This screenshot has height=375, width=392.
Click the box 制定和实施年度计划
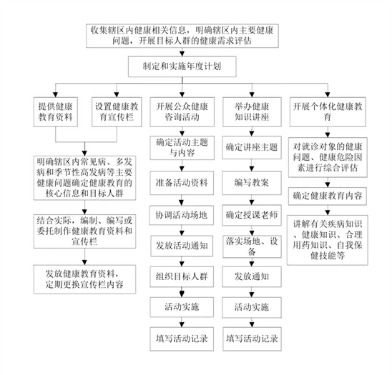[x=182, y=66]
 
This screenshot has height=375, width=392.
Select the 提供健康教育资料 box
[x=56, y=112]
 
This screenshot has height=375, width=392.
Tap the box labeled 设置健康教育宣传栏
[x=117, y=112]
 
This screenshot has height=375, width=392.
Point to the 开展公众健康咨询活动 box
[x=182, y=112]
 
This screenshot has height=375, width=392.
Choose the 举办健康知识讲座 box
[x=252, y=112]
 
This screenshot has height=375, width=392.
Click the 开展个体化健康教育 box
[x=328, y=112]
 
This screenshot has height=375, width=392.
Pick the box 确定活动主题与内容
[x=182, y=148]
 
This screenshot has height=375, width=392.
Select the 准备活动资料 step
[x=182, y=183]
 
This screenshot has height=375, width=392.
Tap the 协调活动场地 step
[x=182, y=215]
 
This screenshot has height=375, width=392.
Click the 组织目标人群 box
[x=182, y=276]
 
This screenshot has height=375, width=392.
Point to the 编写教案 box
[x=252, y=183]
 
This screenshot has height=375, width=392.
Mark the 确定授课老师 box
[x=252, y=215]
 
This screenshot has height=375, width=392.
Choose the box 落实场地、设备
[x=252, y=246]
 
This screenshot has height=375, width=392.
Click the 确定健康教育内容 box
[x=328, y=196]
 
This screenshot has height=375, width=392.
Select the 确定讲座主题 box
[x=252, y=148]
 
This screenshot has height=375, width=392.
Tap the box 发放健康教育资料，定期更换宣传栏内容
[x=84, y=279]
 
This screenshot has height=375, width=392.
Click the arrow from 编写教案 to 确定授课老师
[x=252, y=200]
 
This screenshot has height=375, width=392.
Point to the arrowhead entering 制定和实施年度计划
[x=182, y=54]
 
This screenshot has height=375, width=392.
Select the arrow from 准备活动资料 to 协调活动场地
[x=182, y=200]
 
